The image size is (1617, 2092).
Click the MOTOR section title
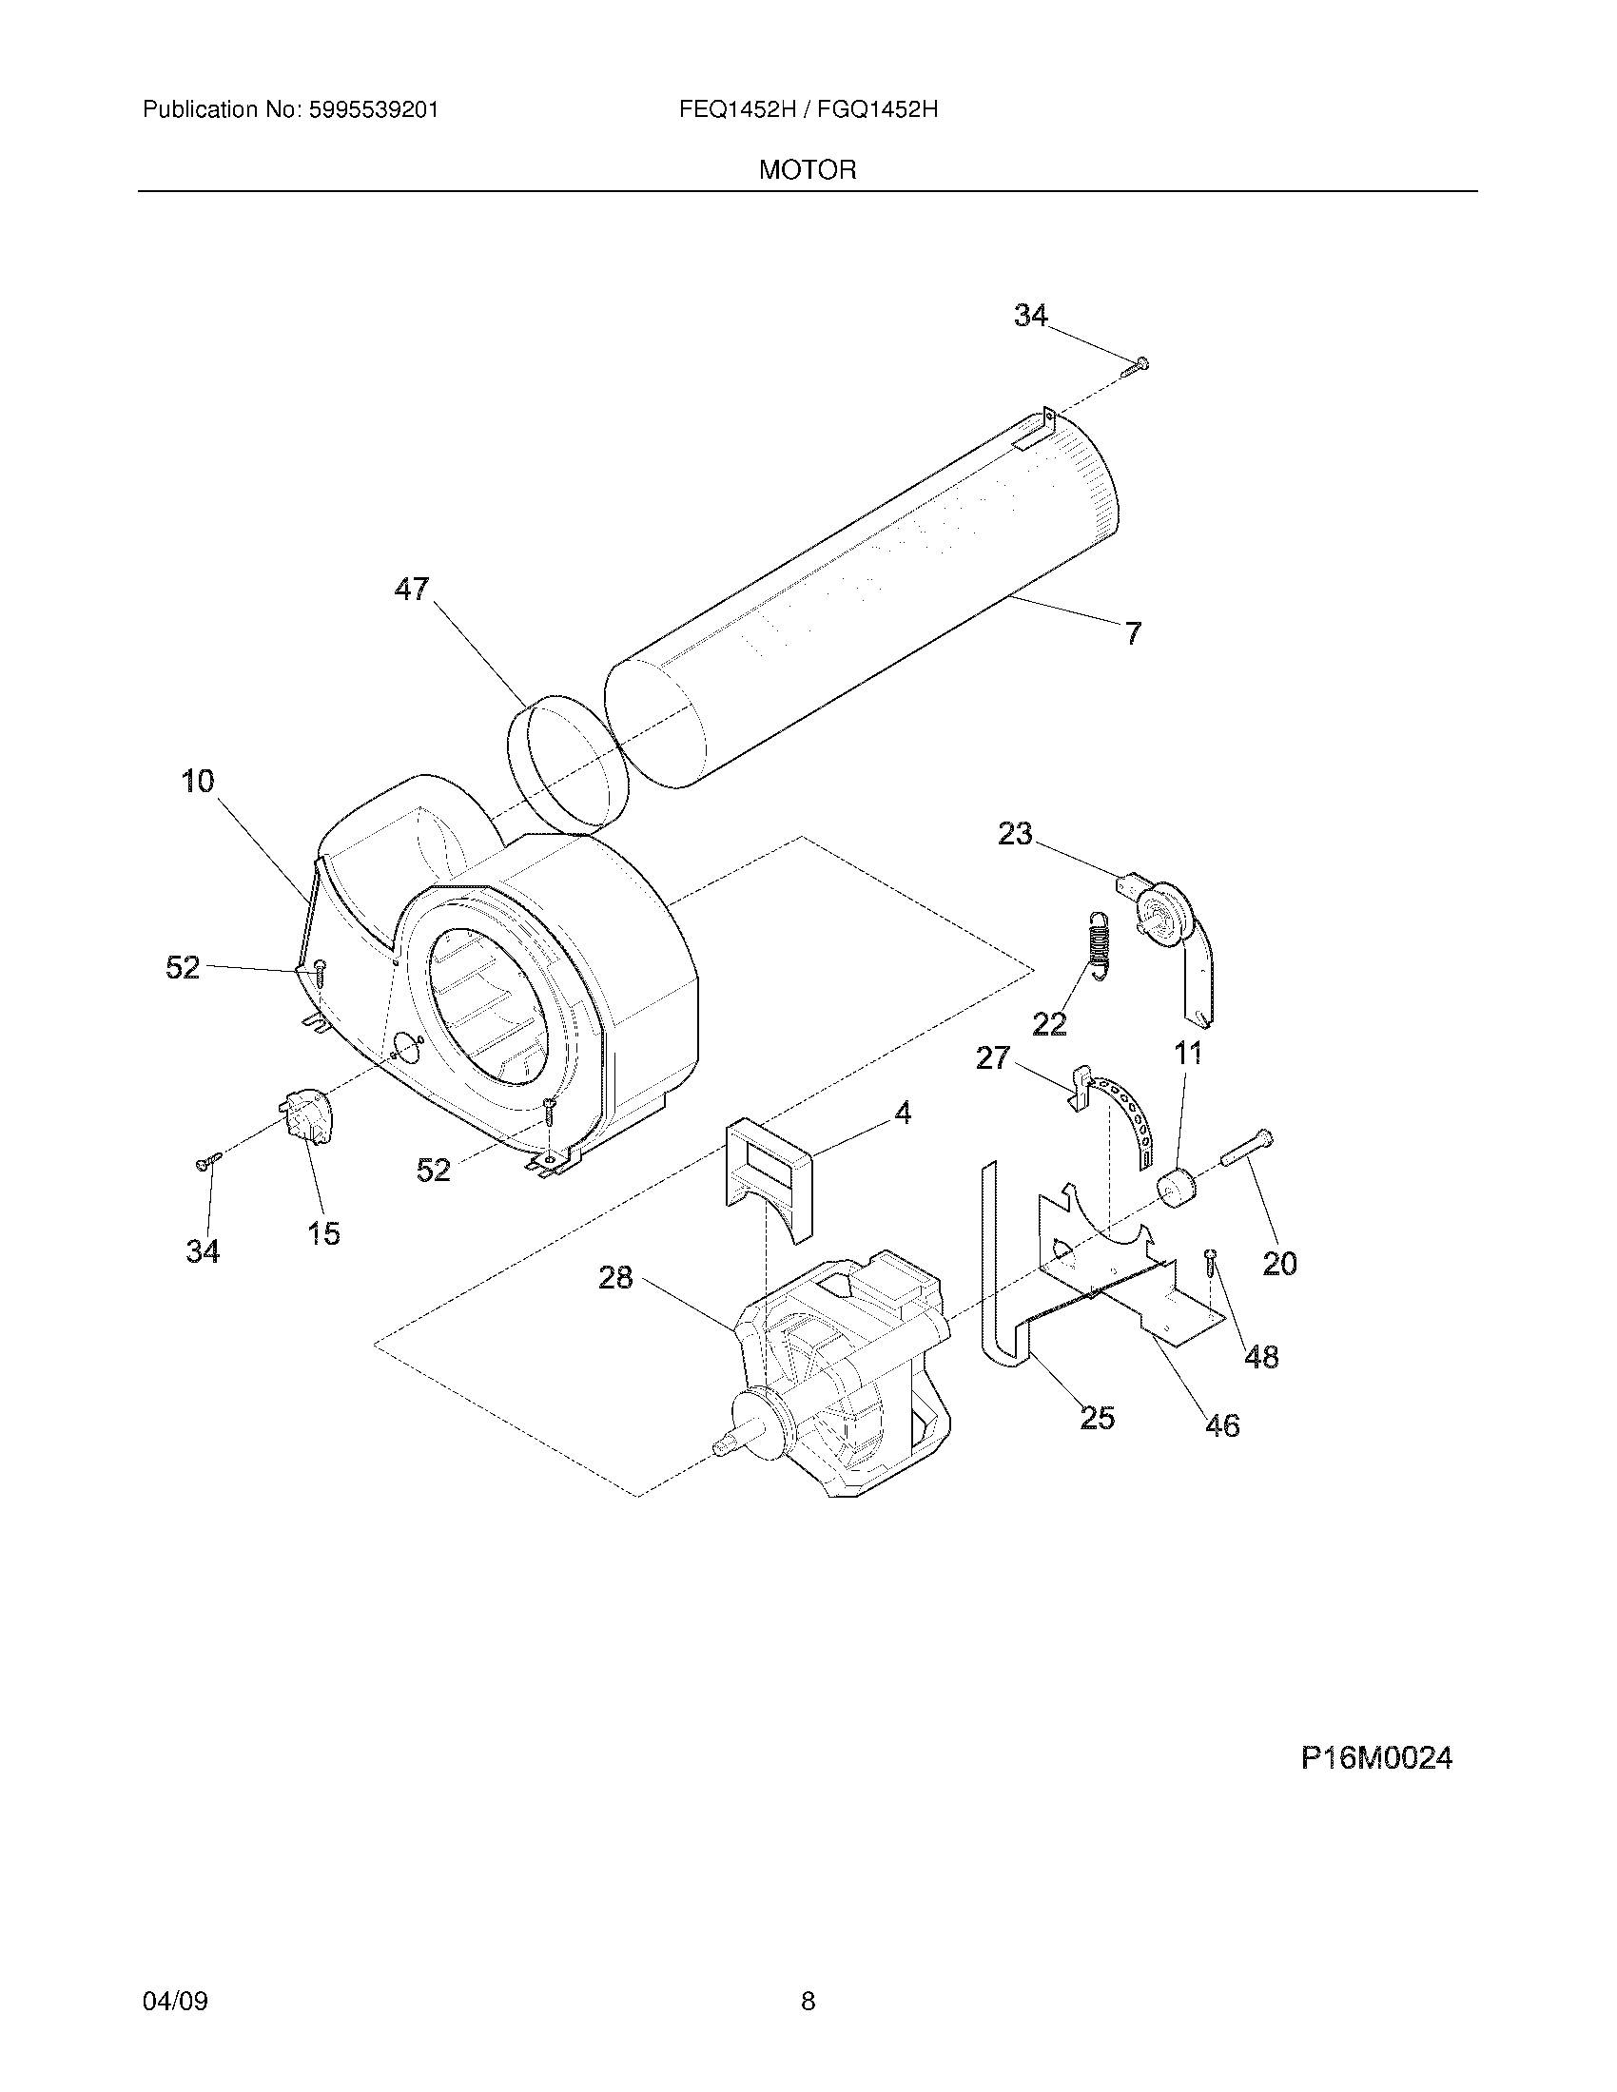(807, 170)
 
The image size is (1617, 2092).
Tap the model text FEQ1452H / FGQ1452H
(808, 110)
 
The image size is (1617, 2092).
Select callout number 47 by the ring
(412, 590)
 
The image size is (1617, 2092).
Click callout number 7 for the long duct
(1133, 632)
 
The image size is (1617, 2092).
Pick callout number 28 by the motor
(616, 1277)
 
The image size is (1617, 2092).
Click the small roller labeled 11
(1178, 1189)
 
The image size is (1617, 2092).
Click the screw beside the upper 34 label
(1138, 364)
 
